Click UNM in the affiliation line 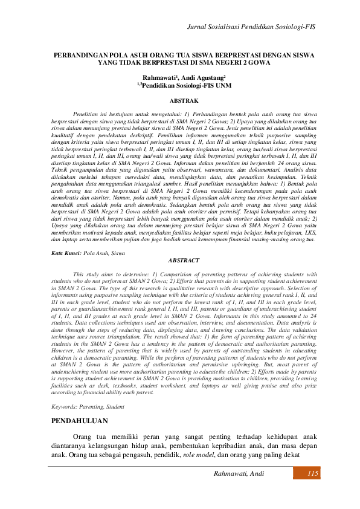click(215, 86)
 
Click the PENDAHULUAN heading click(80, 420)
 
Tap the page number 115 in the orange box click(312, 474)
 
